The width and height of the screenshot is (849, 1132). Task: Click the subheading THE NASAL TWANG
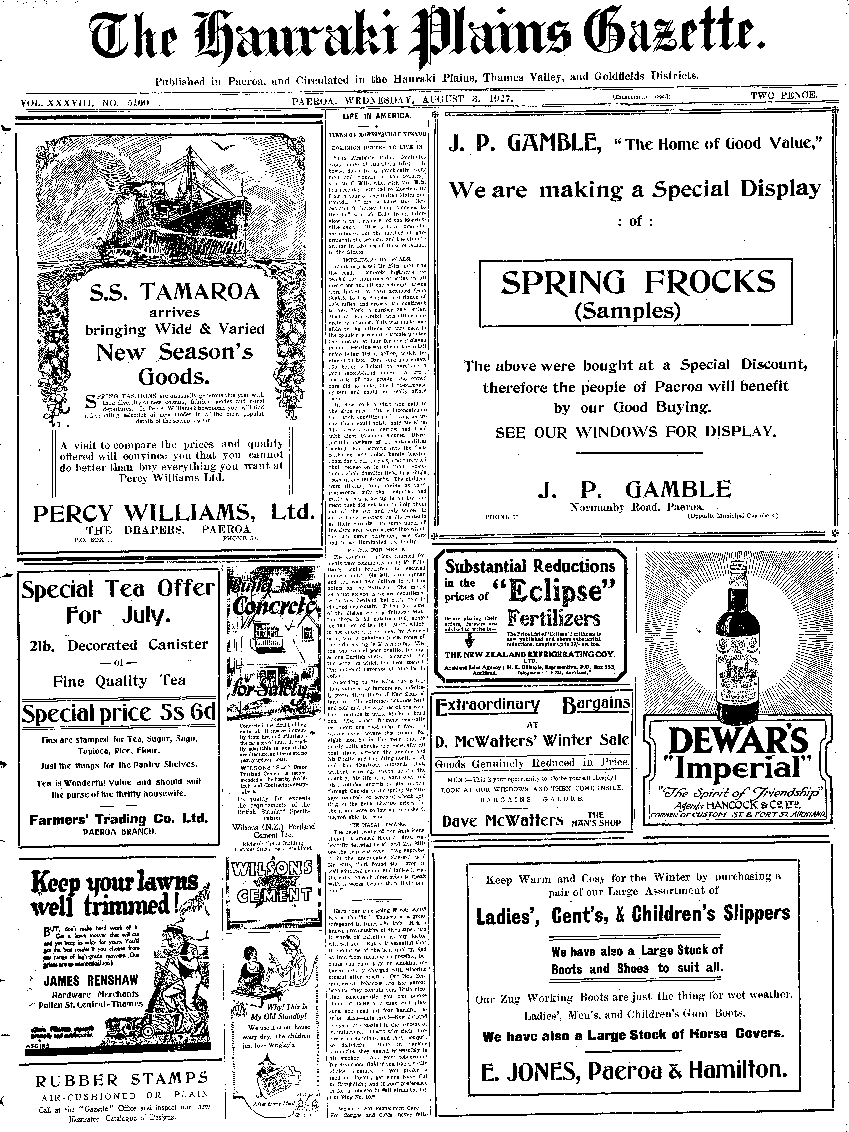pyautogui.click(x=377, y=824)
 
